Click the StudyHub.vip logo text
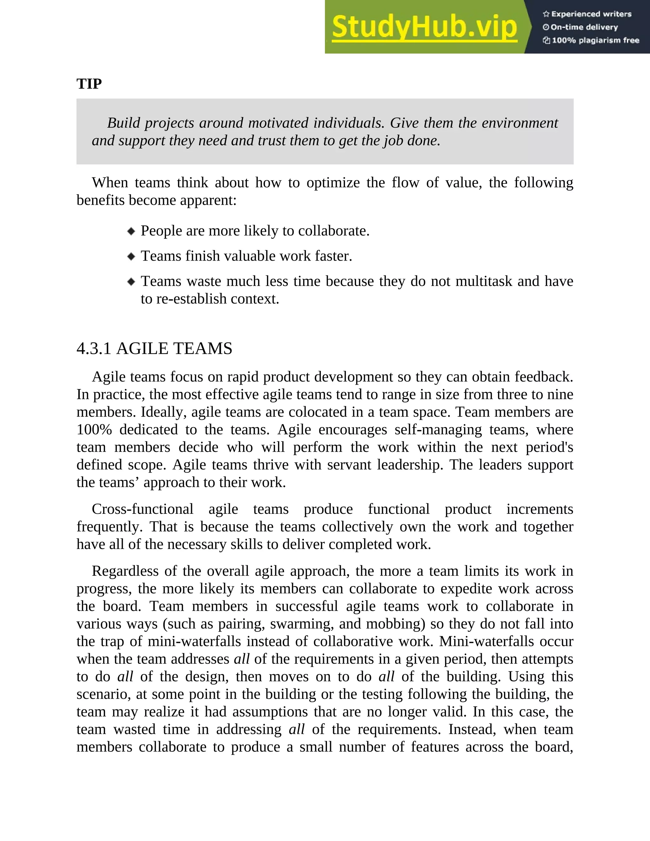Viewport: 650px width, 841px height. [424, 27]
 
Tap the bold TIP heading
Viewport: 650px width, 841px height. [89, 83]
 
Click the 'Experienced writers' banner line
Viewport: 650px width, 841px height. [587, 14]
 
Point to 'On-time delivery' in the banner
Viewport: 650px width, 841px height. [581, 27]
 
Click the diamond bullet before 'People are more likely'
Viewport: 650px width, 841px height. [131, 231]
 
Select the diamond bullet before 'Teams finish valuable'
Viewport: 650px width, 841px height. [131, 256]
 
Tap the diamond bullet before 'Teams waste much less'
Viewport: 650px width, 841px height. [131, 281]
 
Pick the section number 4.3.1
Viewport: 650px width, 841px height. [94, 348]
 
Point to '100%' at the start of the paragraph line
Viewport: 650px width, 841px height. [94, 429]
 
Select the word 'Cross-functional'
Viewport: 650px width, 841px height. [143, 509]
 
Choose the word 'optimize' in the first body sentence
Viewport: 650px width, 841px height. [333, 182]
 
